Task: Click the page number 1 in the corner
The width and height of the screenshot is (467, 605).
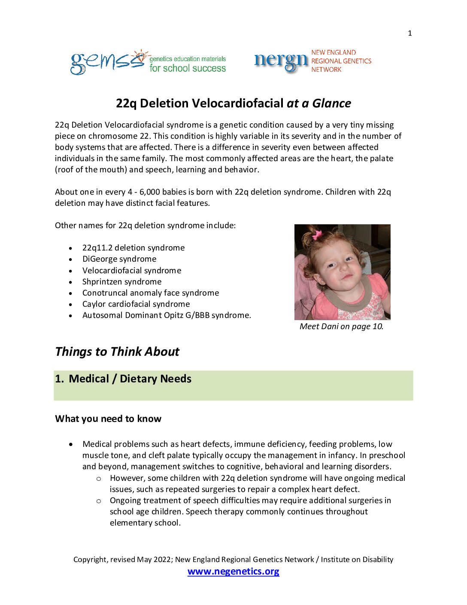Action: [x=410, y=33]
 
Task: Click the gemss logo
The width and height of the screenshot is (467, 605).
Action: [x=107, y=62]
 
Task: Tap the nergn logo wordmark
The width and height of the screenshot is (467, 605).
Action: [x=281, y=61]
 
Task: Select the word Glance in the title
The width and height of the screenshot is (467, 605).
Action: [x=332, y=104]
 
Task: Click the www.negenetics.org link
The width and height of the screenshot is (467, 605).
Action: [x=233, y=571]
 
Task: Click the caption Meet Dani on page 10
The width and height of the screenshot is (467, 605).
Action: [x=341, y=327]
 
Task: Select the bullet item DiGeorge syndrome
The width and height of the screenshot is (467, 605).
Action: [x=119, y=259]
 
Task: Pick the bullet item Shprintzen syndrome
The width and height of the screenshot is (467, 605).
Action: [x=122, y=282]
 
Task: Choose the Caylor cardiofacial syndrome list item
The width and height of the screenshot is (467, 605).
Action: [x=136, y=304]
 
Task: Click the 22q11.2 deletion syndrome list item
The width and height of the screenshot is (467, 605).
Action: [x=133, y=248]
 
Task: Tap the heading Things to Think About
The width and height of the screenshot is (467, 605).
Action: [x=117, y=352]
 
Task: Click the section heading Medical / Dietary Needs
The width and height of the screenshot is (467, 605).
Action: [x=130, y=379]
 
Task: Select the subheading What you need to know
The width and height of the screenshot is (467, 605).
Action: [x=108, y=419]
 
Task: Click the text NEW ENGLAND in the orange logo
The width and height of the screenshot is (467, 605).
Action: [x=334, y=52]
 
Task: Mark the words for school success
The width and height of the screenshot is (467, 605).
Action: [x=188, y=68]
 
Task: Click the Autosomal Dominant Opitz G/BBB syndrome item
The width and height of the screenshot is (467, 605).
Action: [x=167, y=315]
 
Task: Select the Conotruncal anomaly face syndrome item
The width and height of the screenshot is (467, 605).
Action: [x=151, y=293]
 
